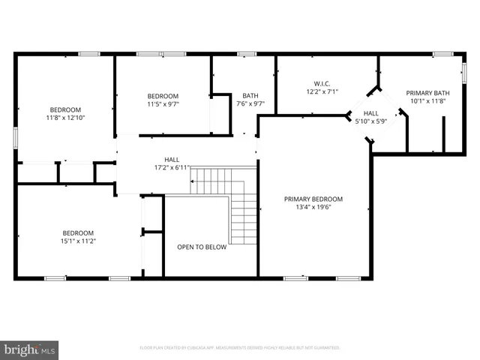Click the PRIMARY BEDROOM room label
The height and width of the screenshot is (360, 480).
click(x=313, y=199)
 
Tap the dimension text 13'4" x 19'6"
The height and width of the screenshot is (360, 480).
click(x=313, y=208)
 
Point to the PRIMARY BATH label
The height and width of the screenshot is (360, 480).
click(x=425, y=92)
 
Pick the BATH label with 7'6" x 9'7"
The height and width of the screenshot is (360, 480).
click(x=250, y=95)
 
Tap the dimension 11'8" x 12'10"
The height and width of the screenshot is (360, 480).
click(x=65, y=118)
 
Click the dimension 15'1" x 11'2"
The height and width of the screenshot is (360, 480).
click(x=79, y=241)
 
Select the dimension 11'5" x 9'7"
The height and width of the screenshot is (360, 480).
click(x=163, y=104)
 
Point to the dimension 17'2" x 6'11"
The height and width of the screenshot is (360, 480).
click(x=172, y=168)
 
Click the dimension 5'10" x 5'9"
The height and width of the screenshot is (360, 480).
click(x=370, y=121)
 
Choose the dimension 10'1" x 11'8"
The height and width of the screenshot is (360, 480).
click(x=425, y=100)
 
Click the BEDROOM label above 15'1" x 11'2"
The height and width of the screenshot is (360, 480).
click(x=79, y=232)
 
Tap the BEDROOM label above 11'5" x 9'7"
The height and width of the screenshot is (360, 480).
click(x=163, y=96)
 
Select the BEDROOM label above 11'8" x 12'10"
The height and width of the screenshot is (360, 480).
click(x=65, y=109)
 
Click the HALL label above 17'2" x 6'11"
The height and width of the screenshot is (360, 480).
click(x=172, y=160)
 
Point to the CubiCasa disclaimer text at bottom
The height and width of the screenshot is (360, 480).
click(x=240, y=348)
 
